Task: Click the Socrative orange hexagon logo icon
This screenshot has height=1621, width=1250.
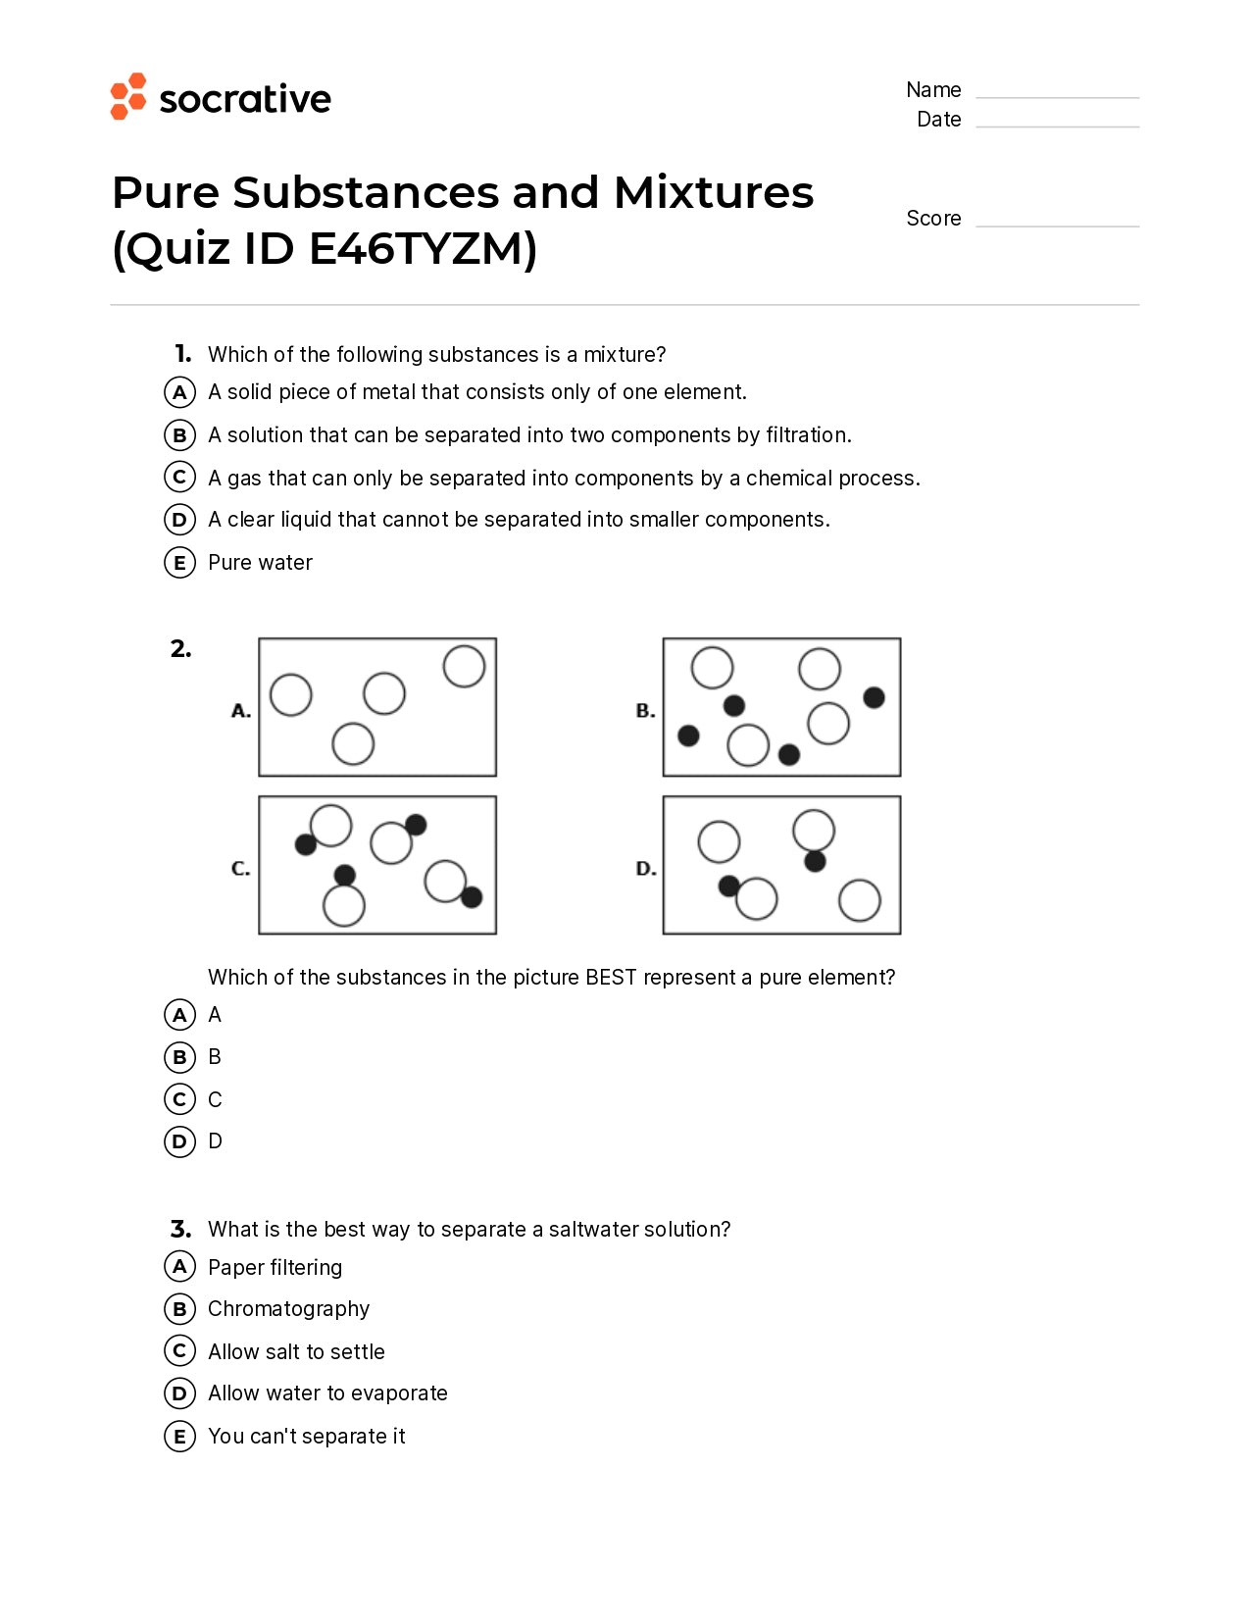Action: coord(127,96)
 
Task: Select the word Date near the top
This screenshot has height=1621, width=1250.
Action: coord(938,120)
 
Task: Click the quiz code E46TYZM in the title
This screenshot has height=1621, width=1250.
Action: coord(422,248)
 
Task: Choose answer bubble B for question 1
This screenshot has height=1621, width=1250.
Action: coord(179,434)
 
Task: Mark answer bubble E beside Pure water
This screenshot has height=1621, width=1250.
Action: coord(179,563)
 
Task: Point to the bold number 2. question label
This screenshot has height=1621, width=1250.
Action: coord(180,648)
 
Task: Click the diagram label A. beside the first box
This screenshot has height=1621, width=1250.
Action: coord(241,711)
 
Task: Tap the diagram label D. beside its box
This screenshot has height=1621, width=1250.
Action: coord(646,868)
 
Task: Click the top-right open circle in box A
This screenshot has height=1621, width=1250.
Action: coord(464,666)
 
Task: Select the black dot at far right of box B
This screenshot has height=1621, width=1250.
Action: coord(874,697)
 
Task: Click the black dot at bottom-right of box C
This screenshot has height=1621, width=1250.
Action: coord(472,896)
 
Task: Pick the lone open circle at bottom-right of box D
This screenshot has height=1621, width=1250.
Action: coord(860,900)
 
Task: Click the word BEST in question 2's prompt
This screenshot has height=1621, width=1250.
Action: coord(611,977)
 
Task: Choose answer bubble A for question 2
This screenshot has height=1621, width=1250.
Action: coord(179,1014)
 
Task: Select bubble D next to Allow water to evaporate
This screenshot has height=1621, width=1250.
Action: coord(179,1393)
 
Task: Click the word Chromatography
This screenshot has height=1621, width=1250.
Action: coord(288,1309)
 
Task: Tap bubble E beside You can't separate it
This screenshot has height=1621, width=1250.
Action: coord(179,1437)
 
